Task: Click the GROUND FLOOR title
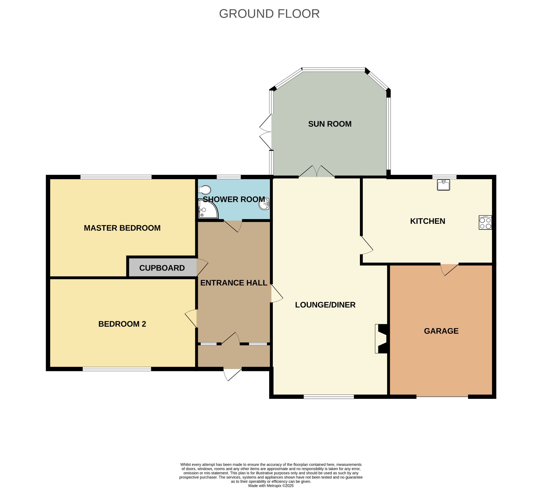[x=269, y=14]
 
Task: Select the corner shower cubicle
[x=208, y=209]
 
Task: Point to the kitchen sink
[x=443, y=185]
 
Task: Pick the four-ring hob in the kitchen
[x=485, y=222]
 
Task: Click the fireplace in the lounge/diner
[x=381, y=339]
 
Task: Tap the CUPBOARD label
[x=162, y=268]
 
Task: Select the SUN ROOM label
[x=329, y=124]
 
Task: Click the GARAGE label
[x=441, y=331]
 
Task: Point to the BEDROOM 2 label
[x=122, y=324]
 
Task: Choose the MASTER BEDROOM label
[x=122, y=228]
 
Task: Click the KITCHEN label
[x=427, y=221]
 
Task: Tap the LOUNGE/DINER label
[x=325, y=305]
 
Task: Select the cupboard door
[x=202, y=267]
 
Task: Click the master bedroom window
[x=116, y=177]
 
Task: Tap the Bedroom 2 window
[x=117, y=369]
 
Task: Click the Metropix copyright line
[x=271, y=486]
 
